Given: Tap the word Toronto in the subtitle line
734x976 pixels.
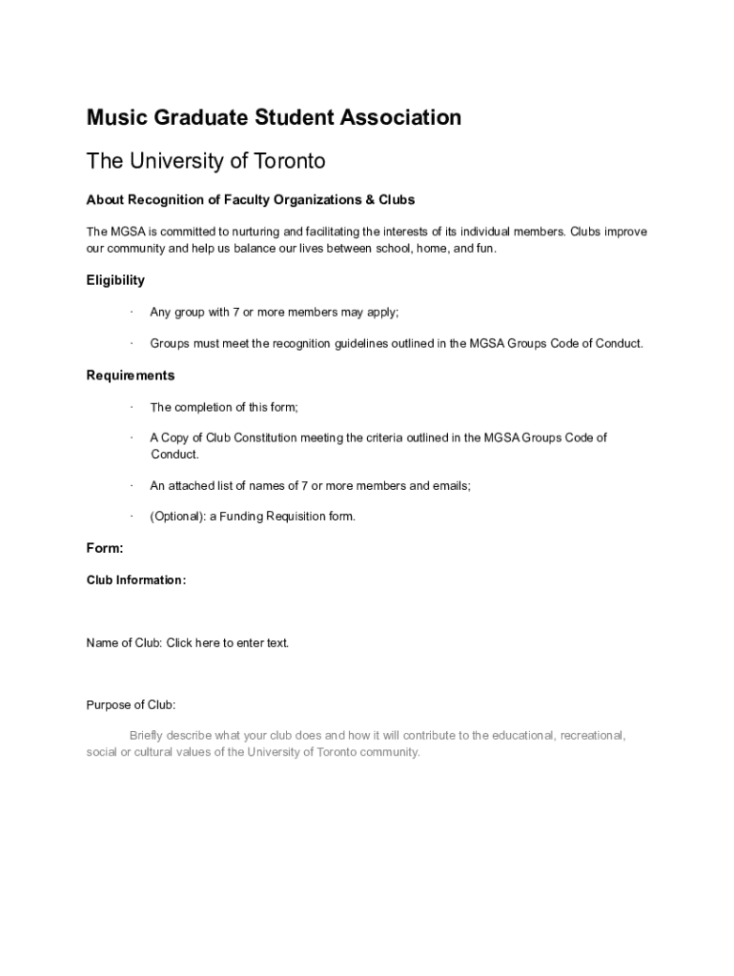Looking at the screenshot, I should click(290, 161).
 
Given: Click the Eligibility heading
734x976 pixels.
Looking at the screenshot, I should click(115, 280).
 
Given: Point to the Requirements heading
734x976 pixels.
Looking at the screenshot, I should click(131, 376).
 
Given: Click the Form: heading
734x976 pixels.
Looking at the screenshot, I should click(105, 548).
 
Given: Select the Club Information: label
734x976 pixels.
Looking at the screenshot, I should click(136, 579).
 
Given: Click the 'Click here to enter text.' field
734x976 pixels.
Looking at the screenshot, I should click(228, 643).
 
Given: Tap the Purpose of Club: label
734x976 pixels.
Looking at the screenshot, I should click(132, 705).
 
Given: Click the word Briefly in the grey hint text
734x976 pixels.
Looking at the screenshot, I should click(151, 736).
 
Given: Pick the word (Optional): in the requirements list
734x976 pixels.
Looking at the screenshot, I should click(177, 517).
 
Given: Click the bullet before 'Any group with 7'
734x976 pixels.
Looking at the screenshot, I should click(131, 313).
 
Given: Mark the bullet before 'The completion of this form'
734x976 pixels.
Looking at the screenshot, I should click(131, 408).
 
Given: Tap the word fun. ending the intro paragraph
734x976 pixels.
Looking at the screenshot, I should click(485, 249).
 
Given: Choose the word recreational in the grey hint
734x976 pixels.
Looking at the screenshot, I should click(592, 736).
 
